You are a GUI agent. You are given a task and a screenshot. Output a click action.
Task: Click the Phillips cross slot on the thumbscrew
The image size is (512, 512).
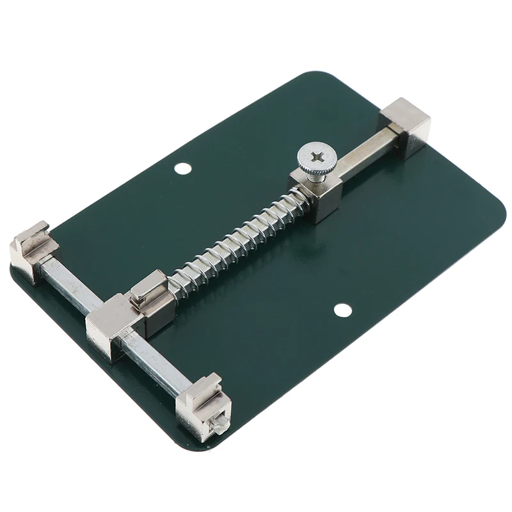click(316, 156)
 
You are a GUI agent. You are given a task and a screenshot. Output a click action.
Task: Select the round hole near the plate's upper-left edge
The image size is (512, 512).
click(183, 168)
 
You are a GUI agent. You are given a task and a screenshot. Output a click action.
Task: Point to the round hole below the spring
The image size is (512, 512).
click(343, 310)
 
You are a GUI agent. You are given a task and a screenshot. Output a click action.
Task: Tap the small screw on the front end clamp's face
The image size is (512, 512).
click(218, 422)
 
